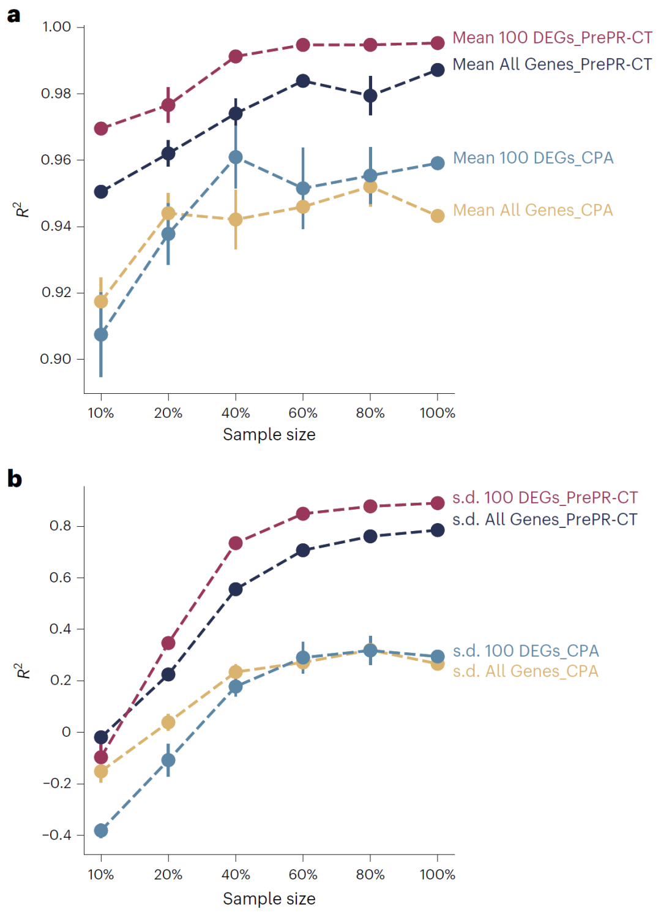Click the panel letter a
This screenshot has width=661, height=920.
13,15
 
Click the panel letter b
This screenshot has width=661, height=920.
14,478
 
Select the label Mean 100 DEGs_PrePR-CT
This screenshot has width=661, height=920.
552,38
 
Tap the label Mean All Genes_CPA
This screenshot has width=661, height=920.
532,211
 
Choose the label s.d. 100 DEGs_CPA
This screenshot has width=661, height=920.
526,650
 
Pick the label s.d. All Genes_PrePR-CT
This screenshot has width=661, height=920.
545,519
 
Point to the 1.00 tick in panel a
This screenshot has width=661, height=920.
56,27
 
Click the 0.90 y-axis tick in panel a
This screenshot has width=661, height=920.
56,359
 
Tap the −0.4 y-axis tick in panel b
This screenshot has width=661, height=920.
56,835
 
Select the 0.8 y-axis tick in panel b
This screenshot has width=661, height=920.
60,526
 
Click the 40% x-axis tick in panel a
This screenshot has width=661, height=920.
236,413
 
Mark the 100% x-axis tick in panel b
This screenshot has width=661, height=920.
437,875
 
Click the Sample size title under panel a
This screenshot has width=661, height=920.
269,435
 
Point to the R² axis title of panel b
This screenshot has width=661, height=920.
23,671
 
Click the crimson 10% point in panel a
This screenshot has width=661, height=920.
101,129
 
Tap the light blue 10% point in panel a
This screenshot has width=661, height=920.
101,334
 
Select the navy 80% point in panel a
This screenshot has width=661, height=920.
370,96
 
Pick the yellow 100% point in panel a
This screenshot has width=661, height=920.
438,216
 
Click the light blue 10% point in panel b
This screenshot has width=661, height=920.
101,831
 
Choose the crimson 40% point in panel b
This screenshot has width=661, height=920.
236,543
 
